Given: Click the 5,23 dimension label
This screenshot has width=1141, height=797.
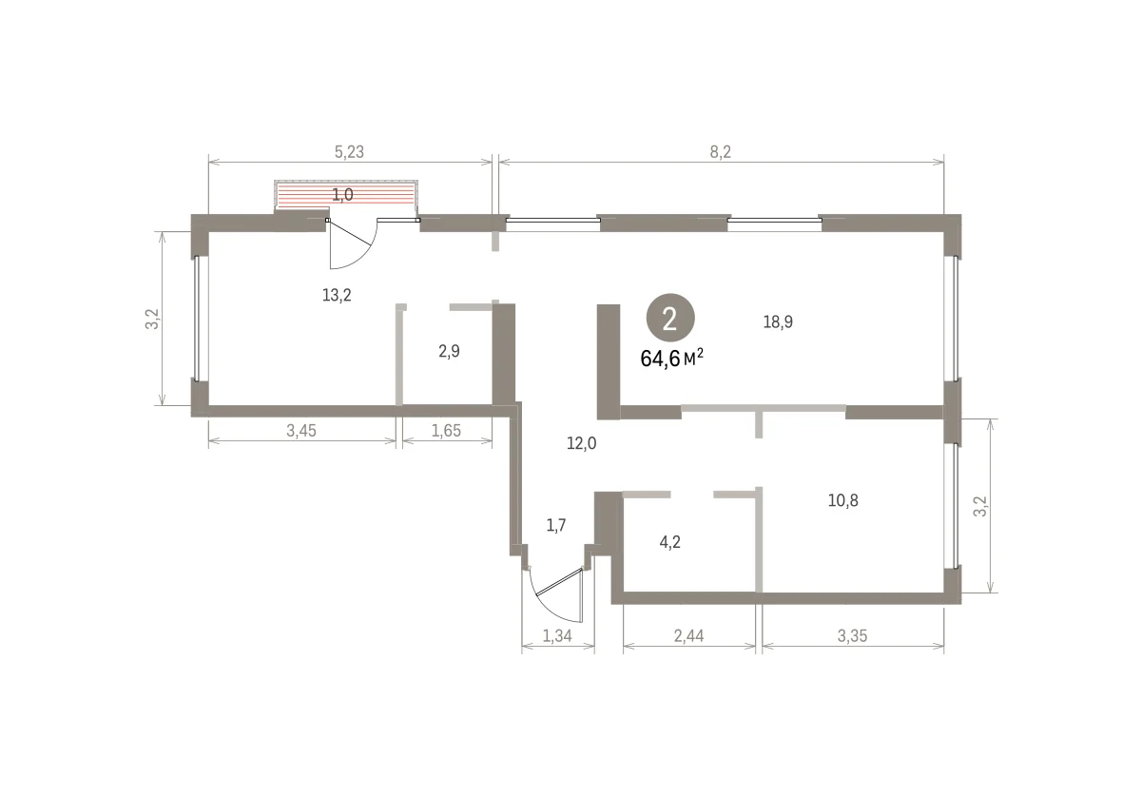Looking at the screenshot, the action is point(349,152).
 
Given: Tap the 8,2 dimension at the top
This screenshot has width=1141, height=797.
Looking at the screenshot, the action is point(721,152).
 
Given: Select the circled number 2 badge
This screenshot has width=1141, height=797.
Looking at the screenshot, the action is point(669,318).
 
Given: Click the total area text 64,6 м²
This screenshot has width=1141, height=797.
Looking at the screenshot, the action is point(671,359).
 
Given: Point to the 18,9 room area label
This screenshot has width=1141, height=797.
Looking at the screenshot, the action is point(778,322).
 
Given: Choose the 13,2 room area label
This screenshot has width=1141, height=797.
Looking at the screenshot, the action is point(337,295).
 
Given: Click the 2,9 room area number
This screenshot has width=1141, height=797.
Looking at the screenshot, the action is point(449,351).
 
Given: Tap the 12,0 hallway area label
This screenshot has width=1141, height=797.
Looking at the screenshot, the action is point(581,443).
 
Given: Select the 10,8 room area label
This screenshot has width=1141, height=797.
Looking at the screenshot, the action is point(843,500).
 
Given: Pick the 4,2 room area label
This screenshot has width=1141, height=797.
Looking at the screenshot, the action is point(669,542).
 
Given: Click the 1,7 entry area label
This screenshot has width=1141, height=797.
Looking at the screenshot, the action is point(555,525).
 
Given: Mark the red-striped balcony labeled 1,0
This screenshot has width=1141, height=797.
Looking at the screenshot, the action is point(346,194).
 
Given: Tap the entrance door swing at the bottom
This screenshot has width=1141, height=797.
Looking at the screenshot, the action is point(548,608).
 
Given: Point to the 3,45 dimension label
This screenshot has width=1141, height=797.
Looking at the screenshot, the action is point(301,431).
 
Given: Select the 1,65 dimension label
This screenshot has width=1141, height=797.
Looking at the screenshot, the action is point(446,431).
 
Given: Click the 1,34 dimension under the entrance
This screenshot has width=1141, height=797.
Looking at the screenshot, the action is point(557,636).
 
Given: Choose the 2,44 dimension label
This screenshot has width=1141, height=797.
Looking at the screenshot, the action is point(688,636).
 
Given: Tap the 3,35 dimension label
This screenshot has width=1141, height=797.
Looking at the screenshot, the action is point(852,636).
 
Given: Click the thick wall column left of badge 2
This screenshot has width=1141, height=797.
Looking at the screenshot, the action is point(609,361).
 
